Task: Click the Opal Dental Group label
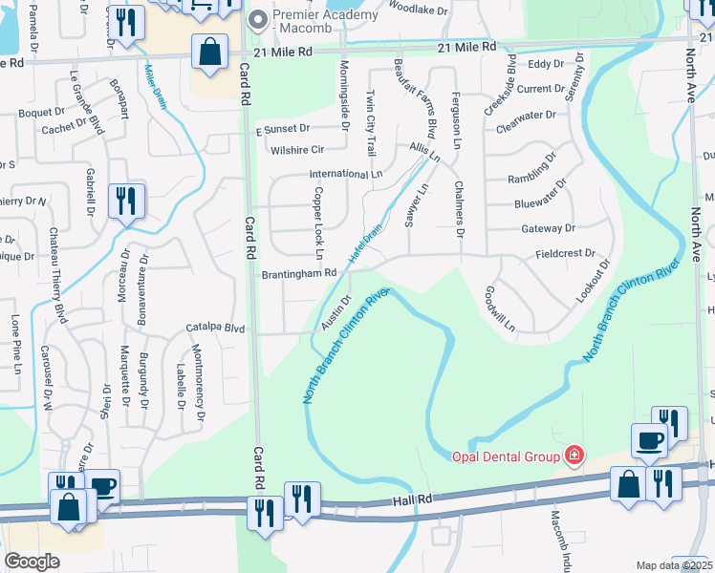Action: click(x=505, y=456)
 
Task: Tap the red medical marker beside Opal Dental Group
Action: click(x=574, y=456)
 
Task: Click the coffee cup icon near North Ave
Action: click(x=649, y=442)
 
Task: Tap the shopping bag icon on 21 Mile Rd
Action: click(x=209, y=53)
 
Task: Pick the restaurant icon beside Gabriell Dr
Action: click(x=126, y=202)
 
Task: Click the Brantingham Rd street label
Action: click(x=299, y=272)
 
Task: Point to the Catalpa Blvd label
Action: click(x=215, y=327)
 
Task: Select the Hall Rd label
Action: click(x=413, y=499)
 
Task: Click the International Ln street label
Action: click(x=345, y=175)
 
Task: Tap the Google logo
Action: click(x=32, y=562)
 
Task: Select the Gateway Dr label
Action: click(x=548, y=228)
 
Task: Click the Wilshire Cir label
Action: click(x=297, y=149)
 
